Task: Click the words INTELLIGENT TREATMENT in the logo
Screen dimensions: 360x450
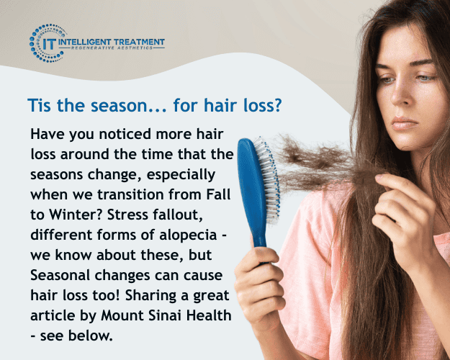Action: tap(116, 42)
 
